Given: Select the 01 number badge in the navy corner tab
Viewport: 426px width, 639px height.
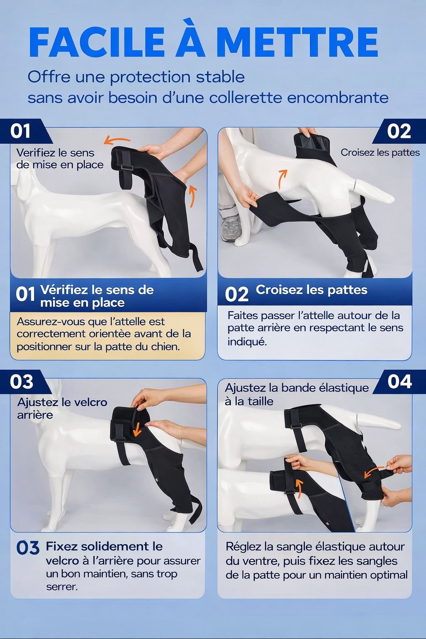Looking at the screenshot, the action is point(20,131).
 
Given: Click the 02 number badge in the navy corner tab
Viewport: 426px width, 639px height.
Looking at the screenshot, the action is point(399,131).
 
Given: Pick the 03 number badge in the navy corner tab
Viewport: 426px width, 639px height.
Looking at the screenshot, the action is point(21,381).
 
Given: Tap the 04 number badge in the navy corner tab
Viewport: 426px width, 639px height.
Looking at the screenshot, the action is point(399,381).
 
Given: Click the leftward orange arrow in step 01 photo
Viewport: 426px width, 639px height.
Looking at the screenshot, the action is point(117,140).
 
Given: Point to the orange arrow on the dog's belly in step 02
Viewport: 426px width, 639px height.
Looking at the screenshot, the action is point(282,178).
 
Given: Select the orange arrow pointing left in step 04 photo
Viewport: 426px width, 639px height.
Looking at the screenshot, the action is point(374,473).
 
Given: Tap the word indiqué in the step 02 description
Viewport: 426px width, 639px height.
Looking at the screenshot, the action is point(247,342).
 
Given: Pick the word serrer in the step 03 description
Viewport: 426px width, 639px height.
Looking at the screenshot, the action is point(62,587).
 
